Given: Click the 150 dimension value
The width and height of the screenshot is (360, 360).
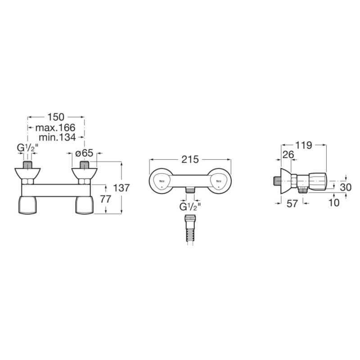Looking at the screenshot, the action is point(56,117).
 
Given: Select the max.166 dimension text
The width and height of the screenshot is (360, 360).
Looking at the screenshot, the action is point(55,127).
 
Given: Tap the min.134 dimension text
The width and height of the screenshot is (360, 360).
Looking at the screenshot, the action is point(57,137).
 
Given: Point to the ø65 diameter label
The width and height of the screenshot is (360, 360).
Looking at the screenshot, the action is point(84,153).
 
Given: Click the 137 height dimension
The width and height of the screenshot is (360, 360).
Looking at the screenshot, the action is point(121,188).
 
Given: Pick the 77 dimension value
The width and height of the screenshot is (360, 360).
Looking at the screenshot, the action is point(106,199).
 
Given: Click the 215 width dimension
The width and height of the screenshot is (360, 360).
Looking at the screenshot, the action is point(190,160).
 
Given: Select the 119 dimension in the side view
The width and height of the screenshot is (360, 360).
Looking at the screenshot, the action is point(304,145).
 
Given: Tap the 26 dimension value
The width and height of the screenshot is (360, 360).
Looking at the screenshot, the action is point(288,155).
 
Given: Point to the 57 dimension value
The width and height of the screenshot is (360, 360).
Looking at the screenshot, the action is point(292,203).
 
